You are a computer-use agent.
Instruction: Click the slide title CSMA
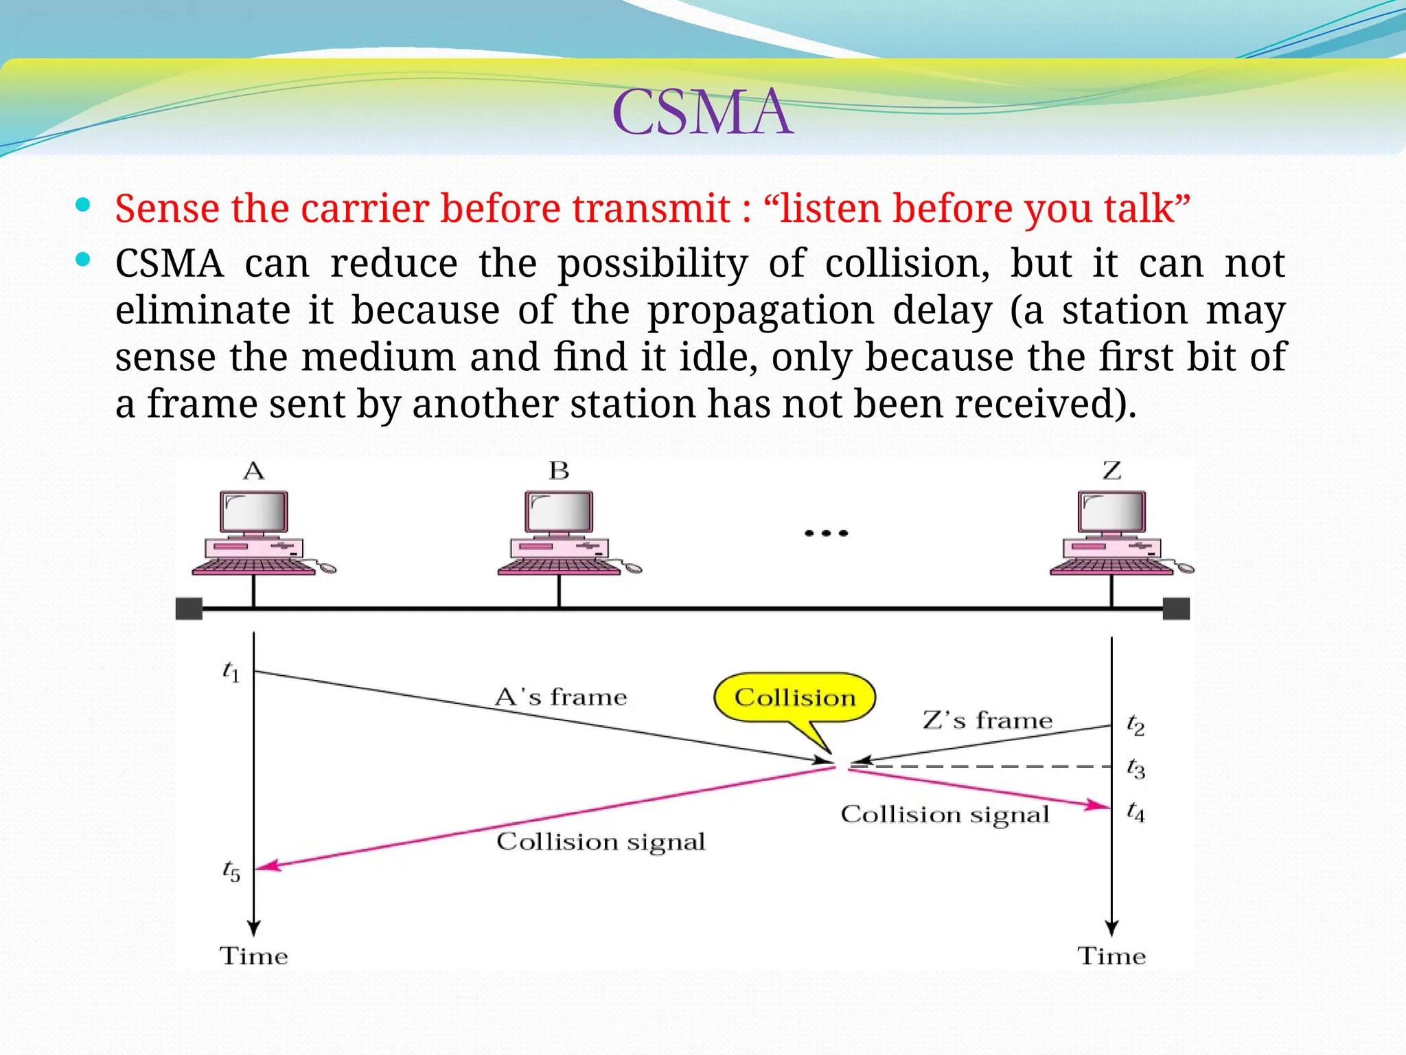click(x=702, y=112)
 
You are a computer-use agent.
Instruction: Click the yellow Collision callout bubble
click(x=795, y=697)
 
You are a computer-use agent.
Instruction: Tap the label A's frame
click(x=561, y=697)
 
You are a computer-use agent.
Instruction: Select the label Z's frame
click(x=987, y=720)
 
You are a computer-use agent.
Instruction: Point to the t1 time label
click(x=231, y=671)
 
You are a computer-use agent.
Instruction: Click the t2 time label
click(x=1136, y=725)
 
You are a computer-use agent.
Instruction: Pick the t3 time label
click(x=1136, y=768)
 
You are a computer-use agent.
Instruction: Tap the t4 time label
click(x=1136, y=812)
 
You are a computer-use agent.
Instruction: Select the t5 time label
click(x=231, y=871)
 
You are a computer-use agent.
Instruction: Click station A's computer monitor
click(x=253, y=512)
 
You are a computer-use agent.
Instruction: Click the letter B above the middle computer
click(x=559, y=471)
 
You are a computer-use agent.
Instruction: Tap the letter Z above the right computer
click(x=1111, y=471)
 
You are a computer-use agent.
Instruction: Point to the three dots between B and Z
click(x=826, y=533)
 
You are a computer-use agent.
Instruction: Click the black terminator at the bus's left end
click(x=189, y=609)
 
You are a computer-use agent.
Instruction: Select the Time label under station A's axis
click(x=253, y=956)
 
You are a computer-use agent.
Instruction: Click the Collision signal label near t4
click(x=945, y=815)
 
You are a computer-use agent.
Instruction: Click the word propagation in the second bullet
click(x=761, y=310)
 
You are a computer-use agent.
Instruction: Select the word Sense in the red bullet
click(x=167, y=209)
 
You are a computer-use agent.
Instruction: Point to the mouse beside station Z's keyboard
click(x=1186, y=568)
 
